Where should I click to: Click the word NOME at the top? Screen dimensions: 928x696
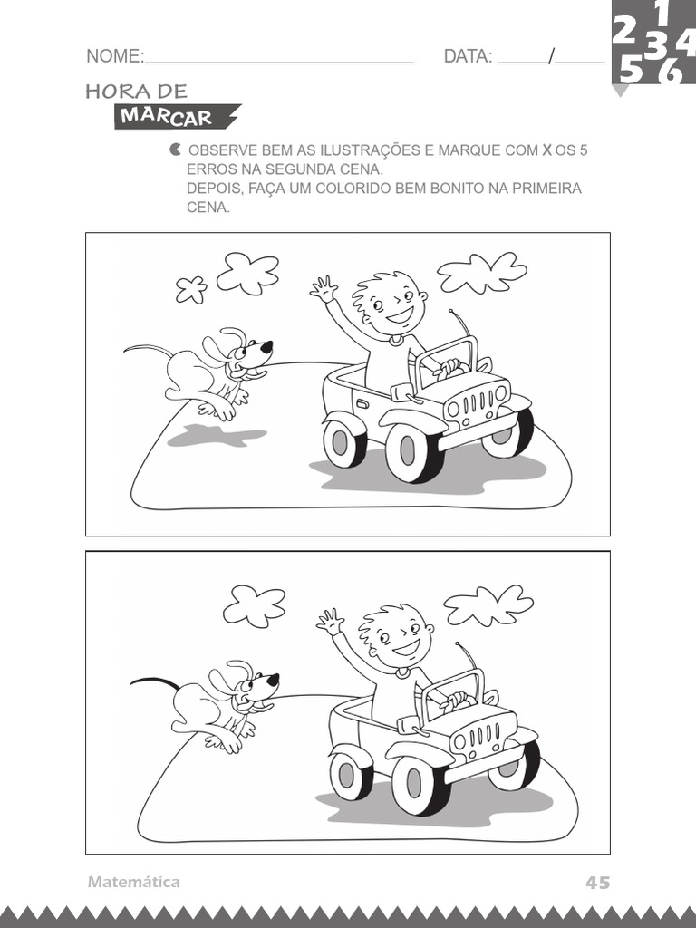tap(113, 57)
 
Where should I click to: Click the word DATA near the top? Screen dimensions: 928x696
tap(467, 57)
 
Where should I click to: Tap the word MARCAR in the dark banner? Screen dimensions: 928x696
tap(166, 117)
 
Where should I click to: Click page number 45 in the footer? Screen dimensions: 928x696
tap(597, 882)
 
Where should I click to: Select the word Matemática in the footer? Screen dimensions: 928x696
tap(134, 882)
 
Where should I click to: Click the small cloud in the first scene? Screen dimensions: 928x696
tap(190, 289)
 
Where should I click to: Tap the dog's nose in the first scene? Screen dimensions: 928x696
tap(266, 345)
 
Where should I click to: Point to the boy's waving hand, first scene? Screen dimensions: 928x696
tap(323, 289)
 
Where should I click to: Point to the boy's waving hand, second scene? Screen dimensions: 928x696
tap(330, 622)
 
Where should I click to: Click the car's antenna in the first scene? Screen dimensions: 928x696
tap(462, 324)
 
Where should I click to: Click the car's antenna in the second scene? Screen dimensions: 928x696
tap(469, 657)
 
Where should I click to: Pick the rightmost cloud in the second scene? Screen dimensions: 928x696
tap(488, 604)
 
